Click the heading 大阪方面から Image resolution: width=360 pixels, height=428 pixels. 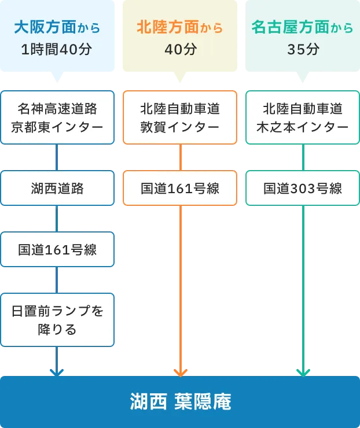[x=57, y=27]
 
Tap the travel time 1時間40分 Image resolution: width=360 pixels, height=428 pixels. [x=57, y=50]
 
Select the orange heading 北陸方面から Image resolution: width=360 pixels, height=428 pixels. [x=180, y=27]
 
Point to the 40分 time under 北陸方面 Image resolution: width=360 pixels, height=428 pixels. [x=180, y=50]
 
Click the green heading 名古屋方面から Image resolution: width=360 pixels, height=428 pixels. [x=303, y=27]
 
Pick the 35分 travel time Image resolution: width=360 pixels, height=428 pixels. [x=303, y=50]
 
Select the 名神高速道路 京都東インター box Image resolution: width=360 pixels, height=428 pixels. [x=57, y=117]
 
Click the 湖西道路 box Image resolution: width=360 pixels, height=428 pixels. [x=57, y=188]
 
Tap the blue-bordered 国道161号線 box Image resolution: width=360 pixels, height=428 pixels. [x=57, y=250]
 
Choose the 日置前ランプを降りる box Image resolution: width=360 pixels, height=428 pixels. [x=57, y=320]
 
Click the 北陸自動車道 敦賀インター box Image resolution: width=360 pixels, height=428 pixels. [x=180, y=117]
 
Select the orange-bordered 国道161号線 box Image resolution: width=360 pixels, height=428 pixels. [x=180, y=188]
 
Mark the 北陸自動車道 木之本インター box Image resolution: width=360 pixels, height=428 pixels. [x=303, y=117]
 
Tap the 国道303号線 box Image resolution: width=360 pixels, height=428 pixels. [x=303, y=188]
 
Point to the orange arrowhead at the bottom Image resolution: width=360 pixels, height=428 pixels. [x=180, y=371]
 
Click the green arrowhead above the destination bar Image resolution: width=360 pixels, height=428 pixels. [x=303, y=371]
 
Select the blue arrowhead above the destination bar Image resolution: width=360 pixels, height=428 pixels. [x=56, y=371]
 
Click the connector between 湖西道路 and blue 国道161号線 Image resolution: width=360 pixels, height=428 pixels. [x=57, y=219]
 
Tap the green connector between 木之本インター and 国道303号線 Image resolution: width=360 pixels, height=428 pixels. [x=303, y=157]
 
